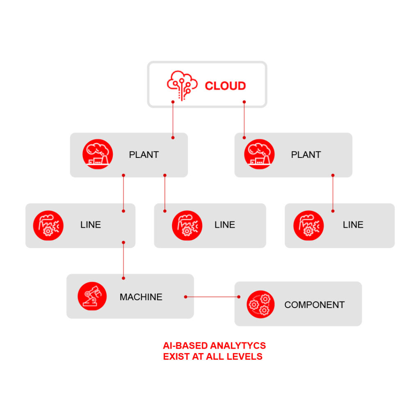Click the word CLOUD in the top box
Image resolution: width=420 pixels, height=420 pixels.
click(x=225, y=86)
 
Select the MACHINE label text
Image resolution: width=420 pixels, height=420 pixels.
click(x=141, y=297)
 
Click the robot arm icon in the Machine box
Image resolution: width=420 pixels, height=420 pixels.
click(x=92, y=296)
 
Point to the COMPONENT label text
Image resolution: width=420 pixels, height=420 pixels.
click(x=314, y=305)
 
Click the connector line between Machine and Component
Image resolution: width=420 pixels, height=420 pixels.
click(x=212, y=297)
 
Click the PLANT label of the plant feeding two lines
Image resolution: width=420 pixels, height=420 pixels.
click(x=144, y=155)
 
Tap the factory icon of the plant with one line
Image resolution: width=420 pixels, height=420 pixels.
click(x=259, y=154)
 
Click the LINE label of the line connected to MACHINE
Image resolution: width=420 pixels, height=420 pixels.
click(x=91, y=225)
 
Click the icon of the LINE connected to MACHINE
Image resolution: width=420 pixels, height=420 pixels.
click(x=48, y=225)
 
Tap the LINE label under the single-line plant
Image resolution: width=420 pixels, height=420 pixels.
click(x=353, y=225)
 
